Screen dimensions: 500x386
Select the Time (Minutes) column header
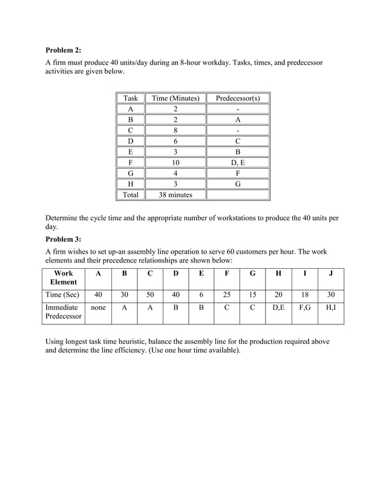(175, 98)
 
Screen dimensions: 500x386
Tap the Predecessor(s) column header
(238, 98)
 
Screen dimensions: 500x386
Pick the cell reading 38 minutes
(175, 195)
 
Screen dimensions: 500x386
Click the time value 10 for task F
(175, 162)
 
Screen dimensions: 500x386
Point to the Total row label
(131, 195)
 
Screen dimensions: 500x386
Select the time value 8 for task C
(175, 130)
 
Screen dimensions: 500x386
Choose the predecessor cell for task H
(238, 183)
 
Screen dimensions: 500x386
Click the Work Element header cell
(64, 277)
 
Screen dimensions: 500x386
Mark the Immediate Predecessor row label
(64, 312)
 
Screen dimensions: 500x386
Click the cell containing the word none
(98, 308)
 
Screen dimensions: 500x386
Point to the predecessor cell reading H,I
(330, 308)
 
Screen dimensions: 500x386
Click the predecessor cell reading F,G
(304, 308)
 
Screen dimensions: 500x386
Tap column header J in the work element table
(330, 273)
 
